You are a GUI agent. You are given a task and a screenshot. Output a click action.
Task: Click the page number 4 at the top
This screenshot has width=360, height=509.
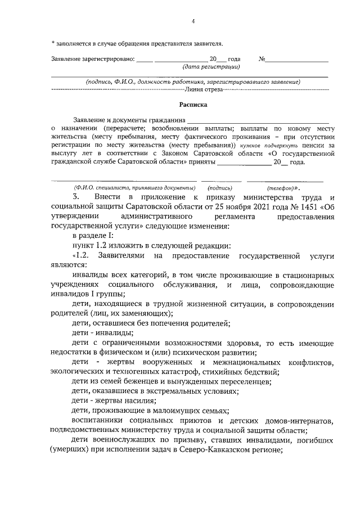(x=192, y=22)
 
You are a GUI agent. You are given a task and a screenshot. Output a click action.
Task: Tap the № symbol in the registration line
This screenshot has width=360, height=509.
(x=262, y=58)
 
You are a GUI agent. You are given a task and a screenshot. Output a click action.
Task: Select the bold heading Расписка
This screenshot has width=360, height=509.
(x=193, y=104)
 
